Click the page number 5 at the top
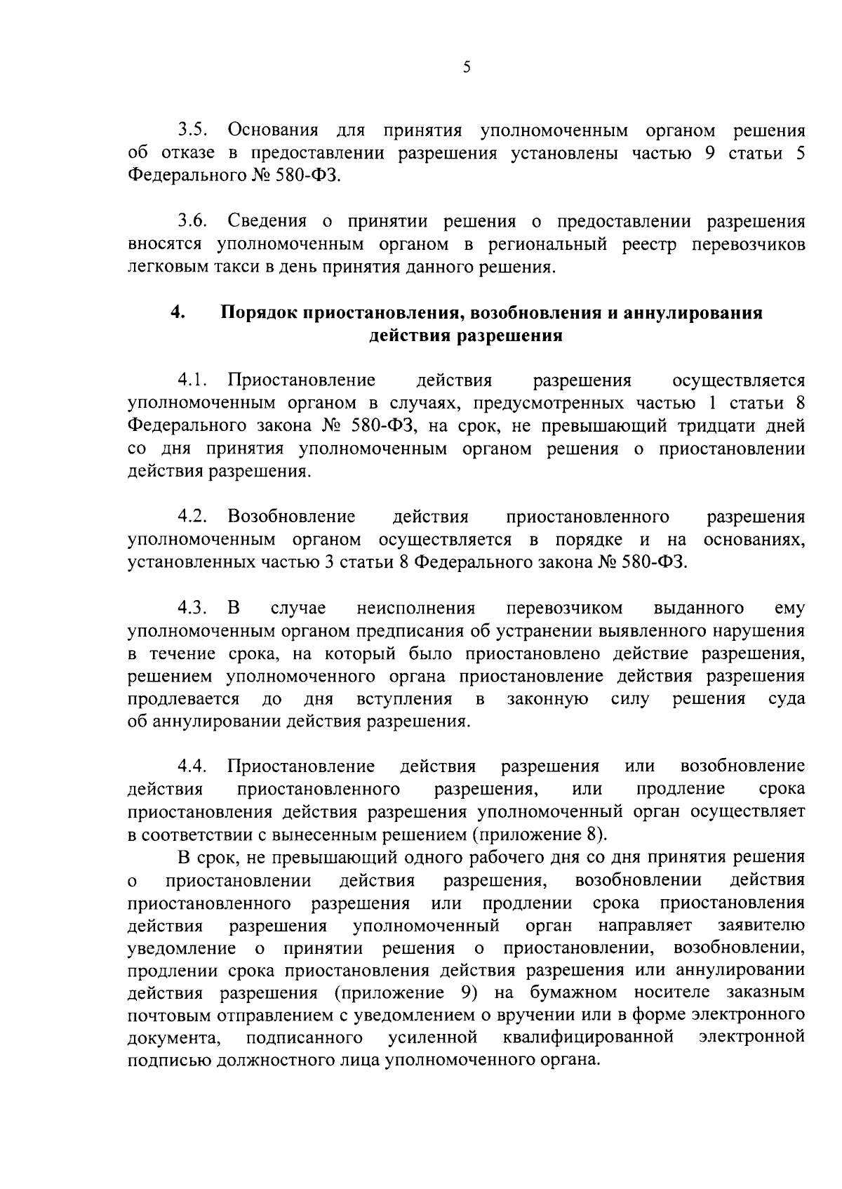[467, 68]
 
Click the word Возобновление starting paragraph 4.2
[291, 517]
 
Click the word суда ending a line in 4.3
[787, 699]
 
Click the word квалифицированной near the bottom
[589, 1037]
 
